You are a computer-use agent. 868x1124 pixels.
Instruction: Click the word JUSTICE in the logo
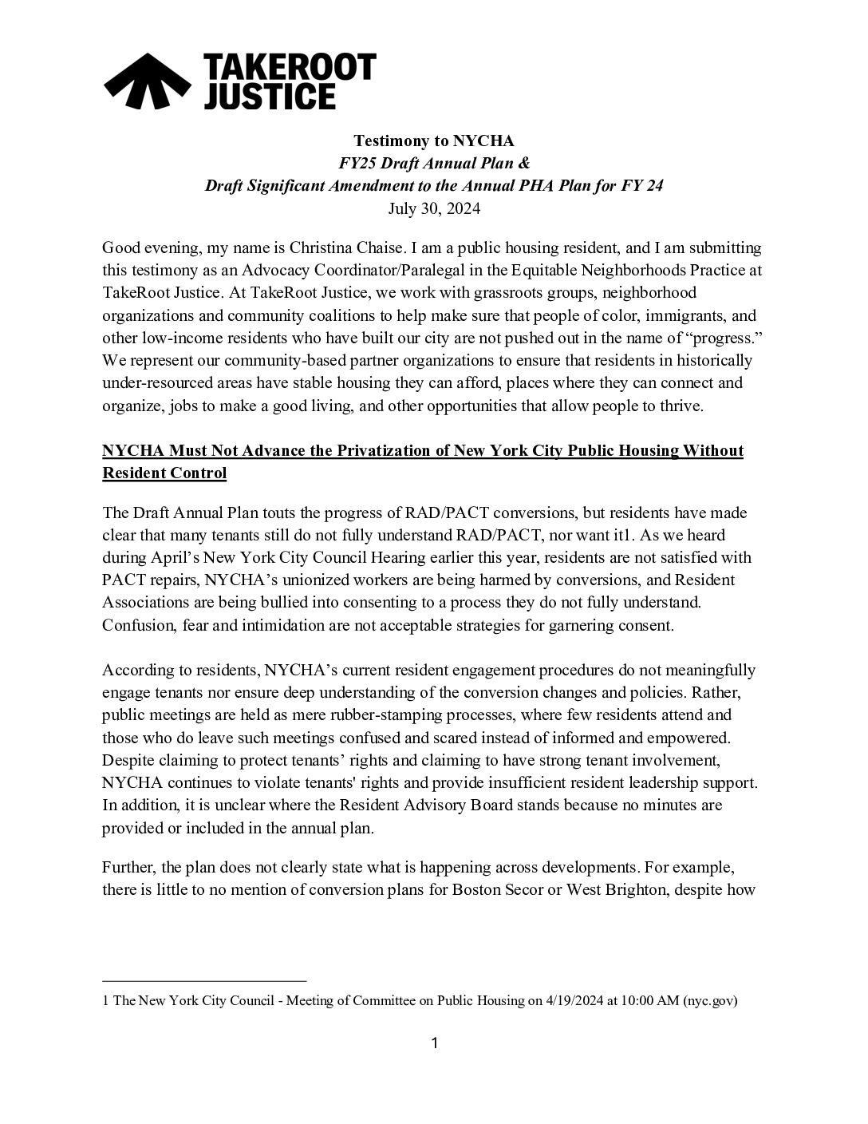click(x=269, y=96)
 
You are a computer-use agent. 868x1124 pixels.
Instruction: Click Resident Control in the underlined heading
click(x=164, y=473)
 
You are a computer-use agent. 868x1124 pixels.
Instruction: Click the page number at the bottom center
click(x=435, y=1043)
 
